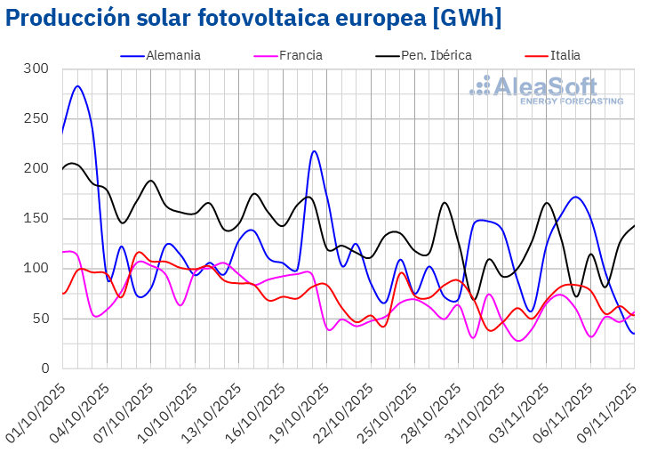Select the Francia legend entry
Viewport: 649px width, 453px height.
300,55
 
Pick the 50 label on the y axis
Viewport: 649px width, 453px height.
39,319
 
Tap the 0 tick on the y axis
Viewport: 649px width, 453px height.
43,368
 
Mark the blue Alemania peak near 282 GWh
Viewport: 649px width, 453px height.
77,86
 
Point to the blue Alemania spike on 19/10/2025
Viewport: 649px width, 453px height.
315,151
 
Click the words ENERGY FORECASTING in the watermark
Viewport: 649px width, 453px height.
571,101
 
